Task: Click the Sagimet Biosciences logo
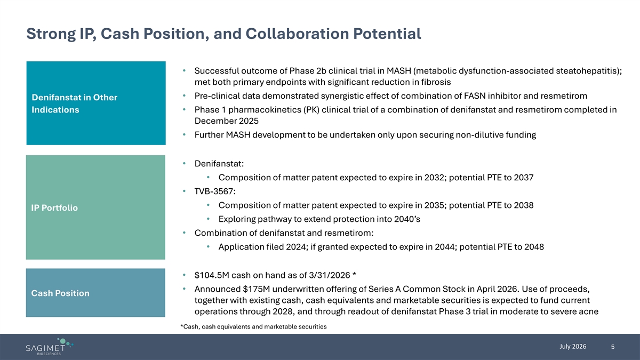pyautogui.click(x=50, y=346)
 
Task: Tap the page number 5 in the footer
pyautogui.click(x=613, y=347)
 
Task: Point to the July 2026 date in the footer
pyautogui.click(x=573, y=347)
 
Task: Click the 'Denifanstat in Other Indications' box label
pyautogui.click(x=74, y=103)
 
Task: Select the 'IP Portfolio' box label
pyautogui.click(x=54, y=207)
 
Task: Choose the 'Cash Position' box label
pyautogui.click(x=60, y=293)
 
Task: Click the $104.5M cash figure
pyautogui.click(x=212, y=275)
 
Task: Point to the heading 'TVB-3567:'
pyautogui.click(x=215, y=191)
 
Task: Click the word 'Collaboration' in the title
pyautogui.click(x=297, y=34)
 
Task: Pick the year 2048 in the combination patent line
pyautogui.click(x=534, y=247)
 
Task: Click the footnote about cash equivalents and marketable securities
pyautogui.click(x=253, y=326)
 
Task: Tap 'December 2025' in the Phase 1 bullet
pyautogui.click(x=227, y=121)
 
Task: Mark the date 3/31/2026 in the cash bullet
pyautogui.click(x=330, y=275)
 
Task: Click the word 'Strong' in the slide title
pyautogui.click(x=51, y=34)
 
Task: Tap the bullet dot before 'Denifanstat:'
pyautogui.click(x=185, y=163)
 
